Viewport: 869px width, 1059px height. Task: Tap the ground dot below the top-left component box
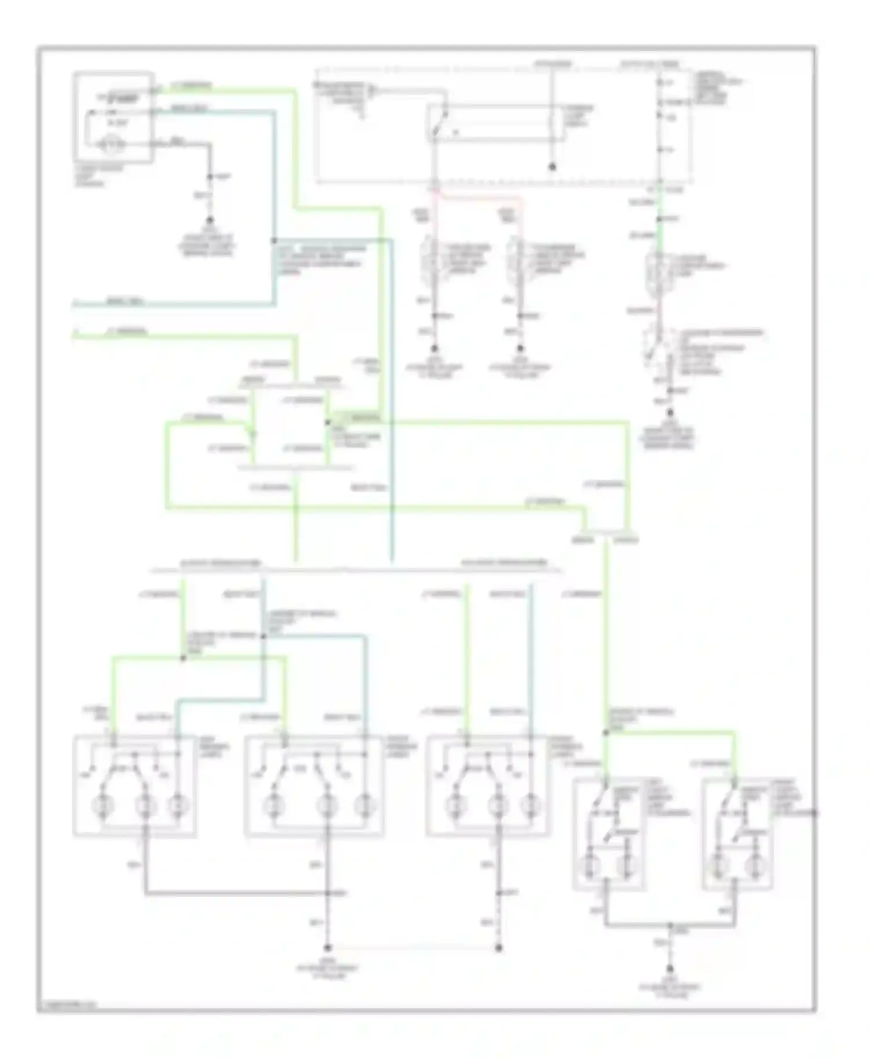(x=210, y=221)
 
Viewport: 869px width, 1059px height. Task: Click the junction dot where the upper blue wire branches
(x=274, y=240)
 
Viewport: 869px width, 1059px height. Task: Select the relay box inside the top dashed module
(x=495, y=123)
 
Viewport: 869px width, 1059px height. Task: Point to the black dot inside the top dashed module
(x=552, y=167)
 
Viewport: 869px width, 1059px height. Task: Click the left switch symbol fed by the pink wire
(x=431, y=264)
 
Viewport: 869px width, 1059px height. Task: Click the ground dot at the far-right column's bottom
(x=670, y=413)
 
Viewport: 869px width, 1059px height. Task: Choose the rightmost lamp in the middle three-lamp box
(x=364, y=805)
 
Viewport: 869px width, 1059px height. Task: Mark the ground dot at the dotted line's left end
(x=327, y=948)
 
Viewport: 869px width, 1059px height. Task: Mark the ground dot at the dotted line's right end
(x=499, y=948)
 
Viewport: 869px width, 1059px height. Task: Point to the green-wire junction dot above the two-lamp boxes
(x=607, y=733)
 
